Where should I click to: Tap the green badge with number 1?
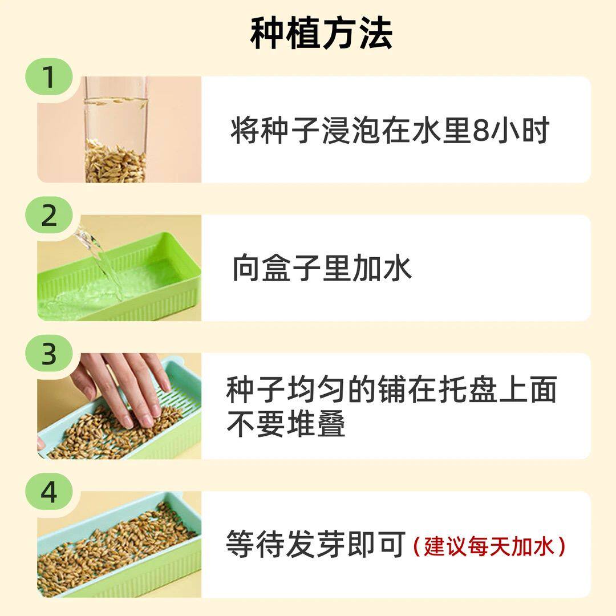[49, 77]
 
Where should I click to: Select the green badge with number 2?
[49, 216]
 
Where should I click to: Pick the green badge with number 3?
[49, 354]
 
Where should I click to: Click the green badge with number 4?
[49, 492]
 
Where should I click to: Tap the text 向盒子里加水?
[322, 268]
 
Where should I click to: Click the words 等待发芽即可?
[316, 545]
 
